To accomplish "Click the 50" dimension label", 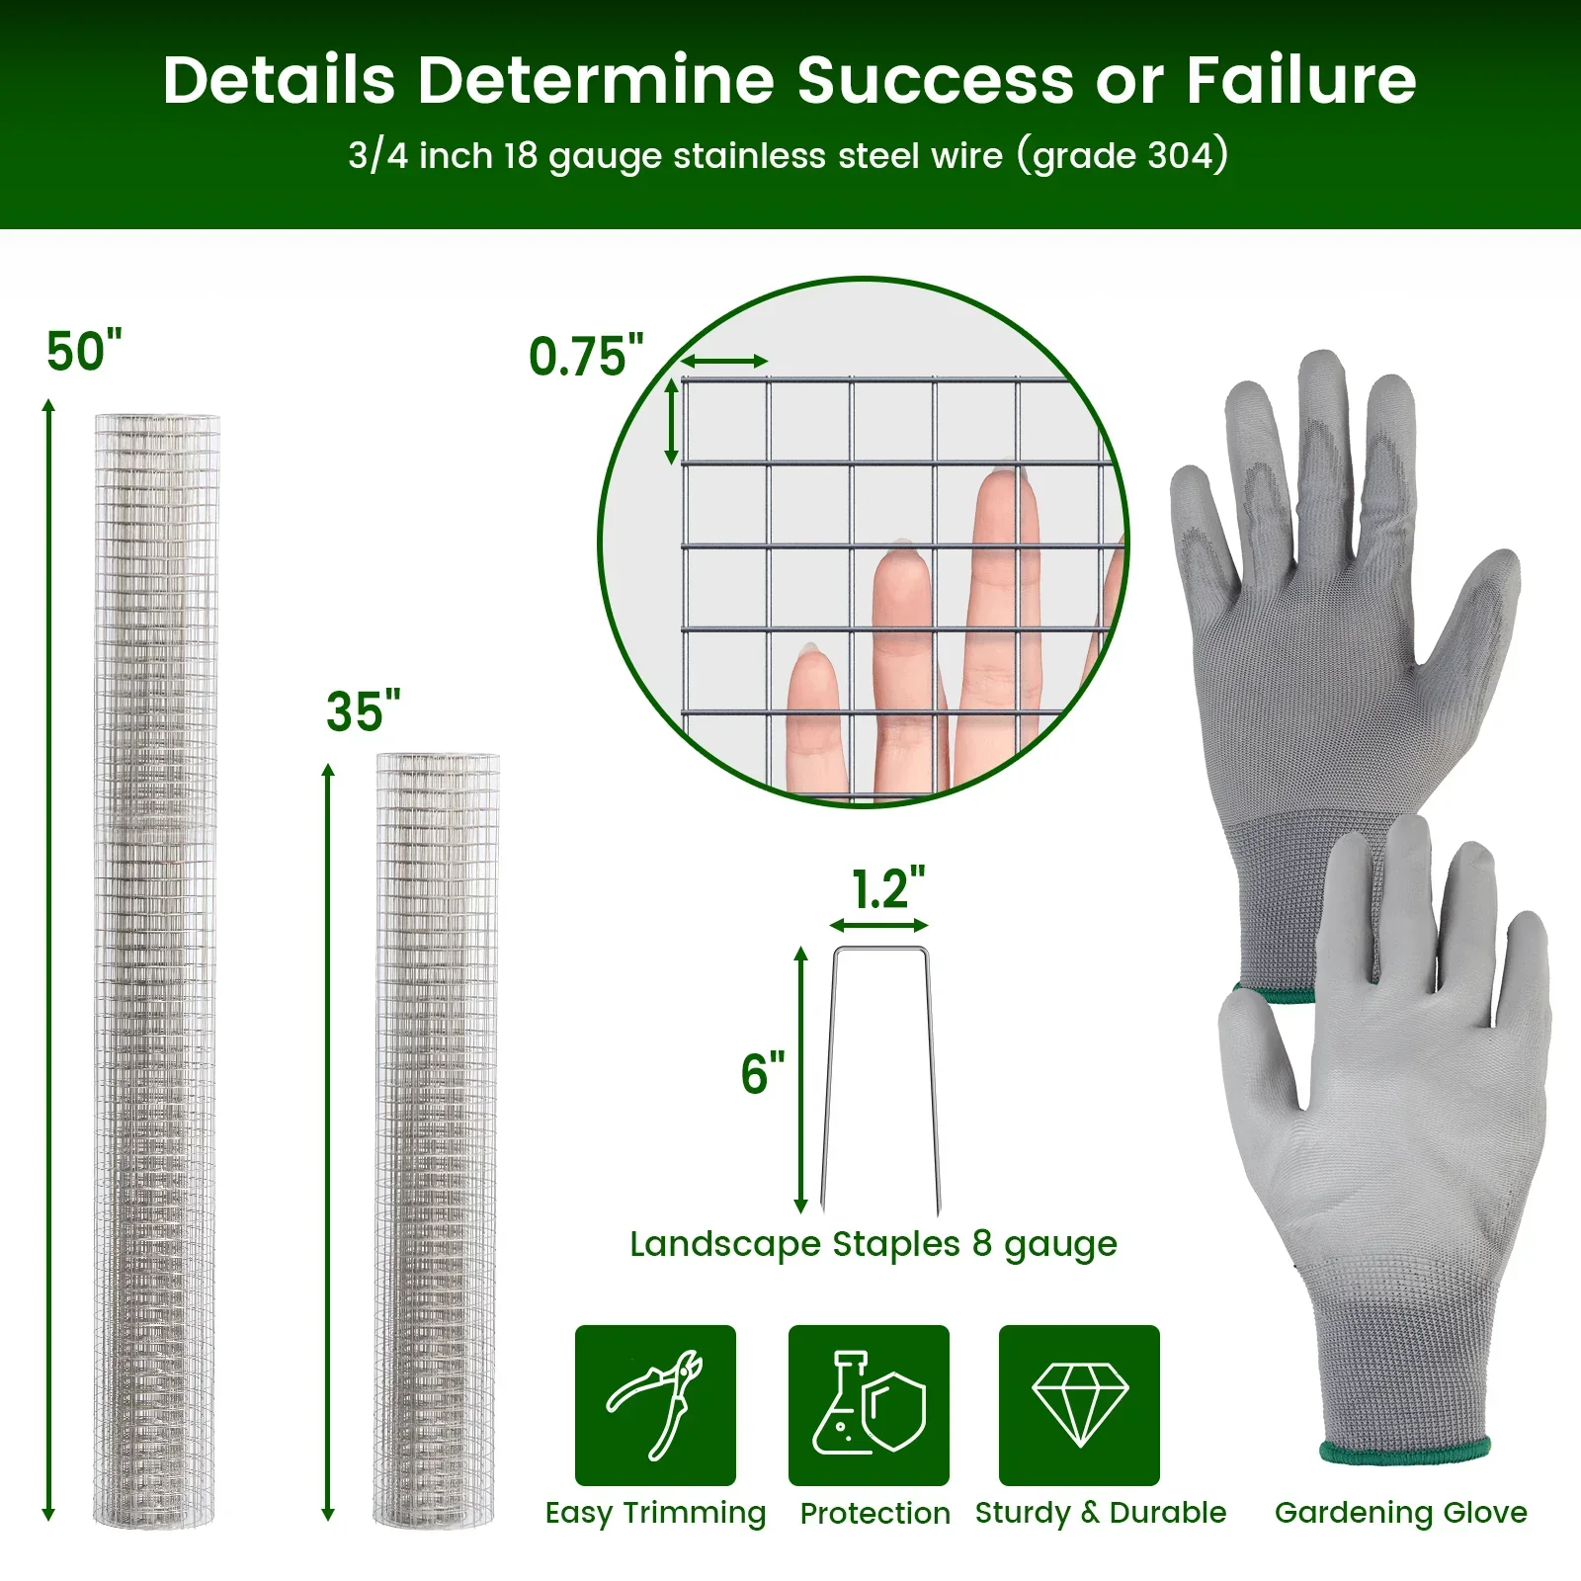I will [x=84, y=352].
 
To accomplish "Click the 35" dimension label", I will [x=363, y=711].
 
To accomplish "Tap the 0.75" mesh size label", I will [x=585, y=357].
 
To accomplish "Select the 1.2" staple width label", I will [x=887, y=888].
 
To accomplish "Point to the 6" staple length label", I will [x=762, y=1074].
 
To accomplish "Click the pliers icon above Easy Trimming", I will [x=655, y=1404].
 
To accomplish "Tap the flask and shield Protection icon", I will [x=869, y=1404].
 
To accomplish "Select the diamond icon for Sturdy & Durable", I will [x=1079, y=1404].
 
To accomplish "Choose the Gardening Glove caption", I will [x=1400, y=1512].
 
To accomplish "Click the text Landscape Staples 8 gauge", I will [x=873, y=1244].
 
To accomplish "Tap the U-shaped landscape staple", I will [x=879, y=1077].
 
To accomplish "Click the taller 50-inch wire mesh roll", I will [x=156, y=968].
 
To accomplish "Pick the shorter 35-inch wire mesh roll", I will [x=437, y=1136].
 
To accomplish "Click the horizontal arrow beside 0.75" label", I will [x=724, y=361].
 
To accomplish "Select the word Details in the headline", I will [x=279, y=80].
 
